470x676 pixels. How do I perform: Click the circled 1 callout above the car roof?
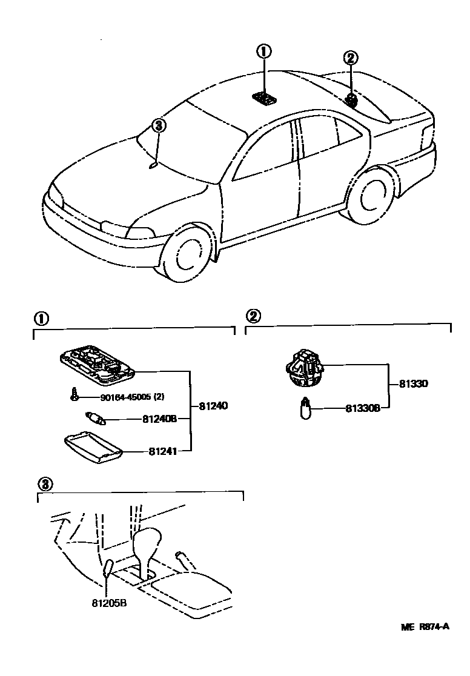[264, 52]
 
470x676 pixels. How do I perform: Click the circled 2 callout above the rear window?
[350, 58]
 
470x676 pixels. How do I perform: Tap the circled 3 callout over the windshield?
[158, 125]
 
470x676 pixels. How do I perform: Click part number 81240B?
[159, 419]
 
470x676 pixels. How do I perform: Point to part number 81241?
[161, 451]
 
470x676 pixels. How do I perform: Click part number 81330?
[414, 384]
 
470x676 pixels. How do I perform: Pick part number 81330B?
[363, 408]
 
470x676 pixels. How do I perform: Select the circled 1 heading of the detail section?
[41, 317]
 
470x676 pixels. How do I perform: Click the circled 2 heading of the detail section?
[253, 316]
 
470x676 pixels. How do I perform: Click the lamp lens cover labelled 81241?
[93, 447]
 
